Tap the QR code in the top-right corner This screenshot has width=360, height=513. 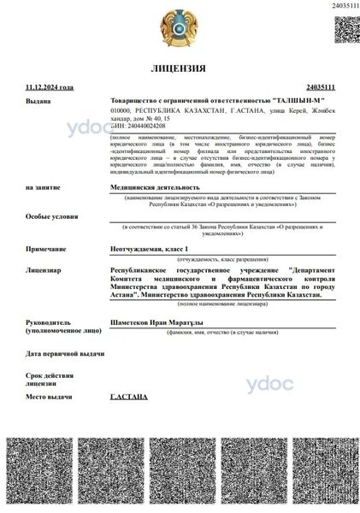[x=344, y=29]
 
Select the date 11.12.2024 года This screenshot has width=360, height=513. [x=49, y=86]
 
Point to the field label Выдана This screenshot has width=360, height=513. [x=38, y=100]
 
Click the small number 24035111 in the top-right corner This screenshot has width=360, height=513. [x=342, y=6]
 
